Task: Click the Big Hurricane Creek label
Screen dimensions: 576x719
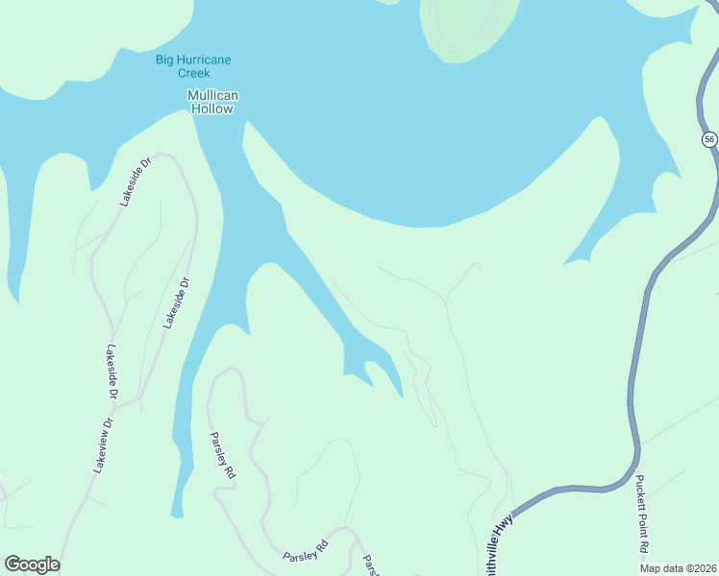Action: click(193, 66)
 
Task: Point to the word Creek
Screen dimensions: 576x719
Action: click(193, 73)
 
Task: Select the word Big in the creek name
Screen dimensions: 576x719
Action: click(165, 60)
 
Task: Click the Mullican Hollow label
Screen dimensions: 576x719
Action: click(212, 102)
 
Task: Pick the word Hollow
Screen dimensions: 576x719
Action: click(212, 108)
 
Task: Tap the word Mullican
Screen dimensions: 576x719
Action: click(212, 95)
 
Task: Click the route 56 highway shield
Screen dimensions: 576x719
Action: click(709, 139)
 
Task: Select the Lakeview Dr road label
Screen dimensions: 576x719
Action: click(103, 444)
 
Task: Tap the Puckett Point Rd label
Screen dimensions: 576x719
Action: click(642, 514)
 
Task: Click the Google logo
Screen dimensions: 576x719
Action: click(32, 564)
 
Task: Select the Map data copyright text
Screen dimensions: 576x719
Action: click(678, 568)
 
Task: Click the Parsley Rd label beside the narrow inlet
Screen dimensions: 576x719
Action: click(222, 455)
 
